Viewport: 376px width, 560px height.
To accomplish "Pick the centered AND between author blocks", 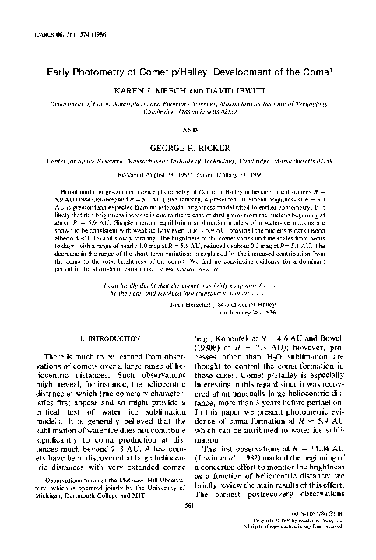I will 188,129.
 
